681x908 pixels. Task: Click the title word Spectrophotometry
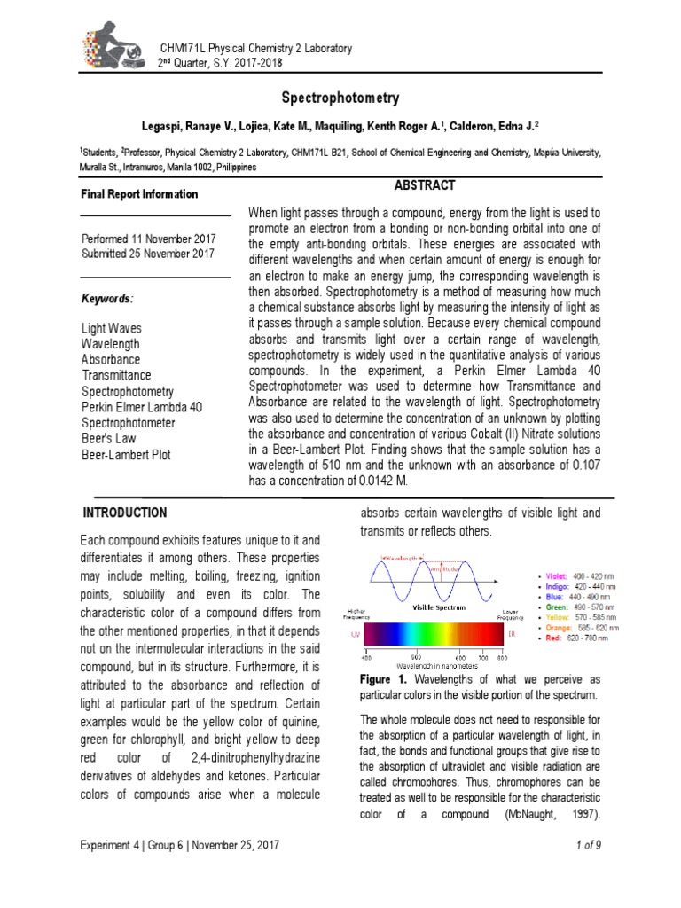pyautogui.click(x=340, y=98)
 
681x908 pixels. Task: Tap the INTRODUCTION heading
pyautogui.click(x=124, y=513)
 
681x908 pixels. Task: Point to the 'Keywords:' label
pyautogui.click(x=108, y=299)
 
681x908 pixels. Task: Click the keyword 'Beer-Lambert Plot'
pyautogui.click(x=126, y=455)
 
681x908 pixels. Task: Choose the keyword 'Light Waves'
pyautogui.click(x=111, y=328)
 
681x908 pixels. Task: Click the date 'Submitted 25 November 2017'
pyautogui.click(x=148, y=254)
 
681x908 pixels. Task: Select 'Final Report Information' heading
pyautogui.click(x=140, y=194)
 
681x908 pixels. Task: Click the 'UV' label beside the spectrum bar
pyautogui.click(x=354, y=634)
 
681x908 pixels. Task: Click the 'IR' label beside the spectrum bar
pyautogui.click(x=512, y=634)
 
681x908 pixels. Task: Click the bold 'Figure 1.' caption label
pyautogui.click(x=381, y=678)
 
